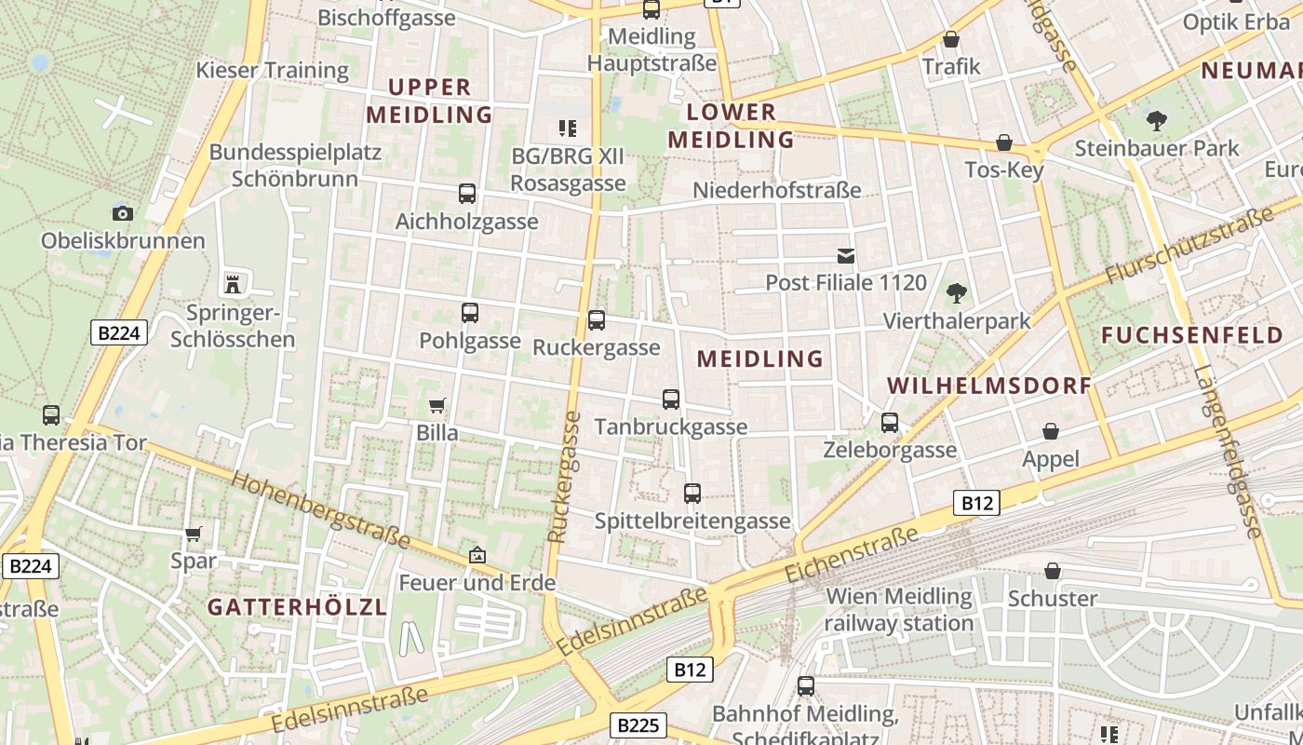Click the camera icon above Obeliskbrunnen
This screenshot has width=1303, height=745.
click(122, 213)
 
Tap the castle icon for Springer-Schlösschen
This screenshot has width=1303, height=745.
click(233, 283)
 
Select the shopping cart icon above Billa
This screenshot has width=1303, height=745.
click(437, 405)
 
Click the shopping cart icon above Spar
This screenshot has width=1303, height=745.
click(194, 534)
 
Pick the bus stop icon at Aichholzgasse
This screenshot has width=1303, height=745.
click(467, 194)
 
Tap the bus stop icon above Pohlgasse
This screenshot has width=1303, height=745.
click(470, 313)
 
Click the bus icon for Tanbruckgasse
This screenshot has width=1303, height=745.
click(671, 400)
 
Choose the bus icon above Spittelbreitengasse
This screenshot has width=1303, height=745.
click(692, 494)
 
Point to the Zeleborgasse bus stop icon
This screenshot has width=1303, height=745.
click(890, 423)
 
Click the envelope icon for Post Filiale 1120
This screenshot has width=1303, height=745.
click(846, 255)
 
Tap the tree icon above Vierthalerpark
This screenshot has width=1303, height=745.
click(956, 294)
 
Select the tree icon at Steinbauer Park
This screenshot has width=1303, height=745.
click(1157, 120)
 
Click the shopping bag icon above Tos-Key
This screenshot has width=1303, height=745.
click(1004, 142)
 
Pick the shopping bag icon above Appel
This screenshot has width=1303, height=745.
click(1051, 431)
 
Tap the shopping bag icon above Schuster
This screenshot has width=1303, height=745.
click(1053, 570)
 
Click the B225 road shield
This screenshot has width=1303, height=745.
click(638, 725)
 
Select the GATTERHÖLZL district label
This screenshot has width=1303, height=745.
click(297, 607)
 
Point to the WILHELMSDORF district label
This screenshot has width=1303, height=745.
click(989, 386)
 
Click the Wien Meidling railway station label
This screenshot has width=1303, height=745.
click(899, 609)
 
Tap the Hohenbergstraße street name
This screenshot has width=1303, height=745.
click(320, 510)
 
